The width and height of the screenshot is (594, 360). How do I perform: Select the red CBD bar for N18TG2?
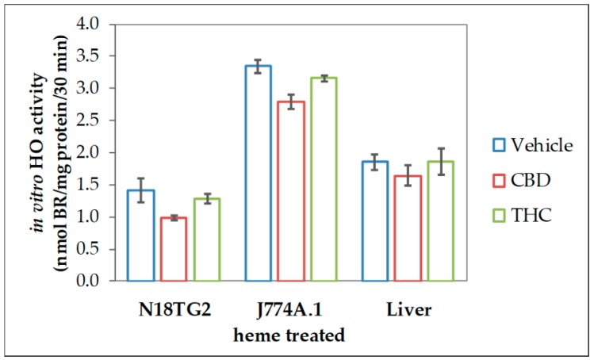[x=174, y=249]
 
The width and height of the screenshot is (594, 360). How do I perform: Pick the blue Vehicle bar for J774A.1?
[x=258, y=173]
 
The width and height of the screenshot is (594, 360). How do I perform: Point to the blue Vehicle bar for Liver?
[x=375, y=221]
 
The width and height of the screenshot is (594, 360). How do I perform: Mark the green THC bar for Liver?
[x=440, y=221]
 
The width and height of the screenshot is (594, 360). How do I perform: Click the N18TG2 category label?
[x=174, y=309]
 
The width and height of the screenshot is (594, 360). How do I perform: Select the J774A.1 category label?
[x=290, y=309]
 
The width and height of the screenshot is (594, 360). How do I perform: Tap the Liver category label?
[x=408, y=309]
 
